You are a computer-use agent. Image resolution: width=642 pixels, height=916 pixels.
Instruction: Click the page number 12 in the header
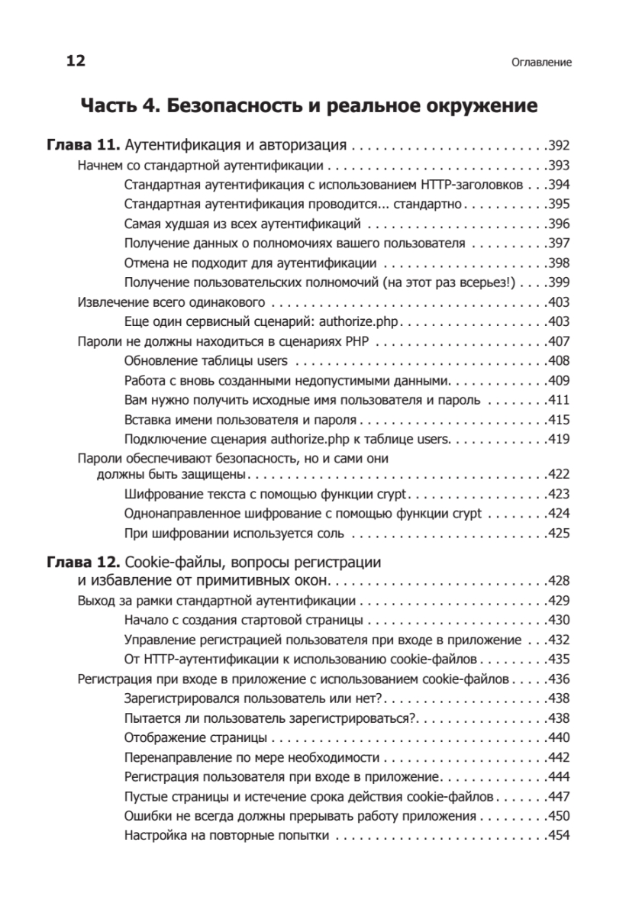pyautogui.click(x=76, y=62)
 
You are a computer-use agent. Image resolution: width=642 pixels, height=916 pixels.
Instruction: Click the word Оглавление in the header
pyautogui.click(x=541, y=63)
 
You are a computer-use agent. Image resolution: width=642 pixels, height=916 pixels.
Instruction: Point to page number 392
pyautogui.click(x=559, y=145)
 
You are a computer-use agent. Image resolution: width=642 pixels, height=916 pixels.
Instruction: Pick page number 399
pyautogui.click(x=559, y=282)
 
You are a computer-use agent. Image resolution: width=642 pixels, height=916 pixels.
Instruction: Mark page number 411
pyautogui.click(x=559, y=399)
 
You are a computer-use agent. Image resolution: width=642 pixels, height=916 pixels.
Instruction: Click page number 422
pyautogui.click(x=559, y=474)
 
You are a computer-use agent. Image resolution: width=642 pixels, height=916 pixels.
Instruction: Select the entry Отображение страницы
pyautogui.click(x=195, y=737)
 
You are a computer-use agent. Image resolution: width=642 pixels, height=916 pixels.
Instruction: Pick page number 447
pyautogui.click(x=559, y=796)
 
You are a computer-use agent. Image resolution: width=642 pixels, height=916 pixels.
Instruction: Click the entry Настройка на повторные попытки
pyautogui.click(x=226, y=835)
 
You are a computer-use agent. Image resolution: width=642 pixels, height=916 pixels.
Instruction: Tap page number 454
pyautogui.click(x=559, y=835)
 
